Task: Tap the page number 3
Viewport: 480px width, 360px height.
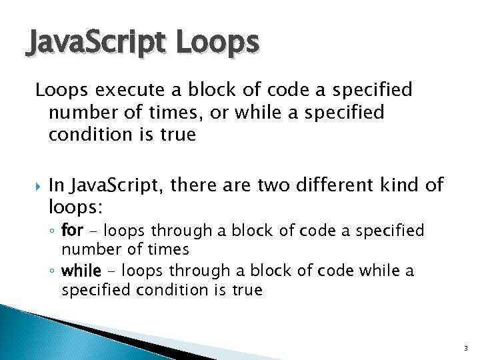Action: click(465, 348)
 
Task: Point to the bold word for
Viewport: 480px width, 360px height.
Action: click(71, 231)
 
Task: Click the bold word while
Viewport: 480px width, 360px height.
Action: click(81, 271)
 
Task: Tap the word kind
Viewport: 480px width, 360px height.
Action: click(403, 185)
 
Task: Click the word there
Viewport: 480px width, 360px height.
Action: click(193, 185)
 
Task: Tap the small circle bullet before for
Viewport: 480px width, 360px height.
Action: click(54, 232)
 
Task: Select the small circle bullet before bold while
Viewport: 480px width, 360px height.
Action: click(54, 272)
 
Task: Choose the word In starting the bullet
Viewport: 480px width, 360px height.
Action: click(56, 185)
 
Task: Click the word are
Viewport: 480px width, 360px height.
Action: click(234, 185)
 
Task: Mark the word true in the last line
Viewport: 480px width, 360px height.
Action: click(245, 290)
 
